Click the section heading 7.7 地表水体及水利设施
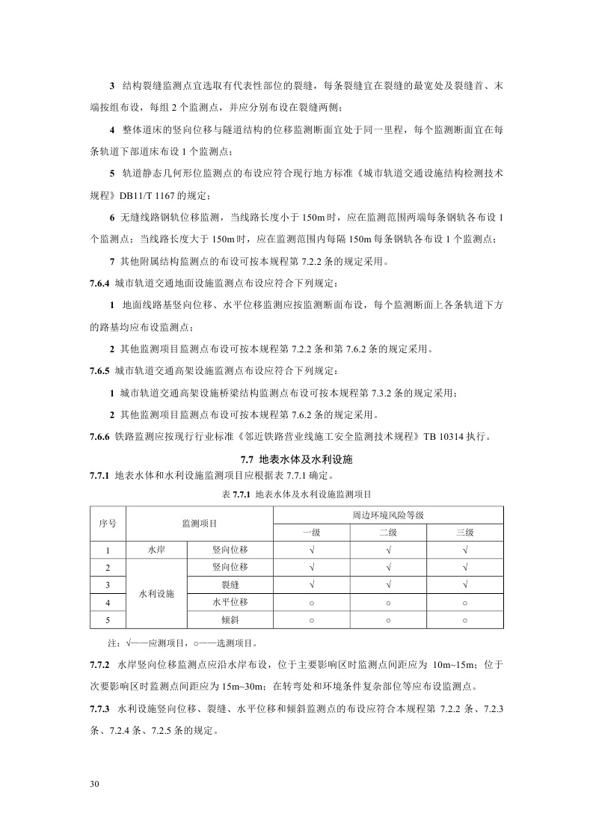pos(296,459)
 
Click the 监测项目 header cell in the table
pos(200,524)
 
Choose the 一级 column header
pos(311,532)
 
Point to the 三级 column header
pos(465,532)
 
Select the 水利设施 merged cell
pos(156,593)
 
